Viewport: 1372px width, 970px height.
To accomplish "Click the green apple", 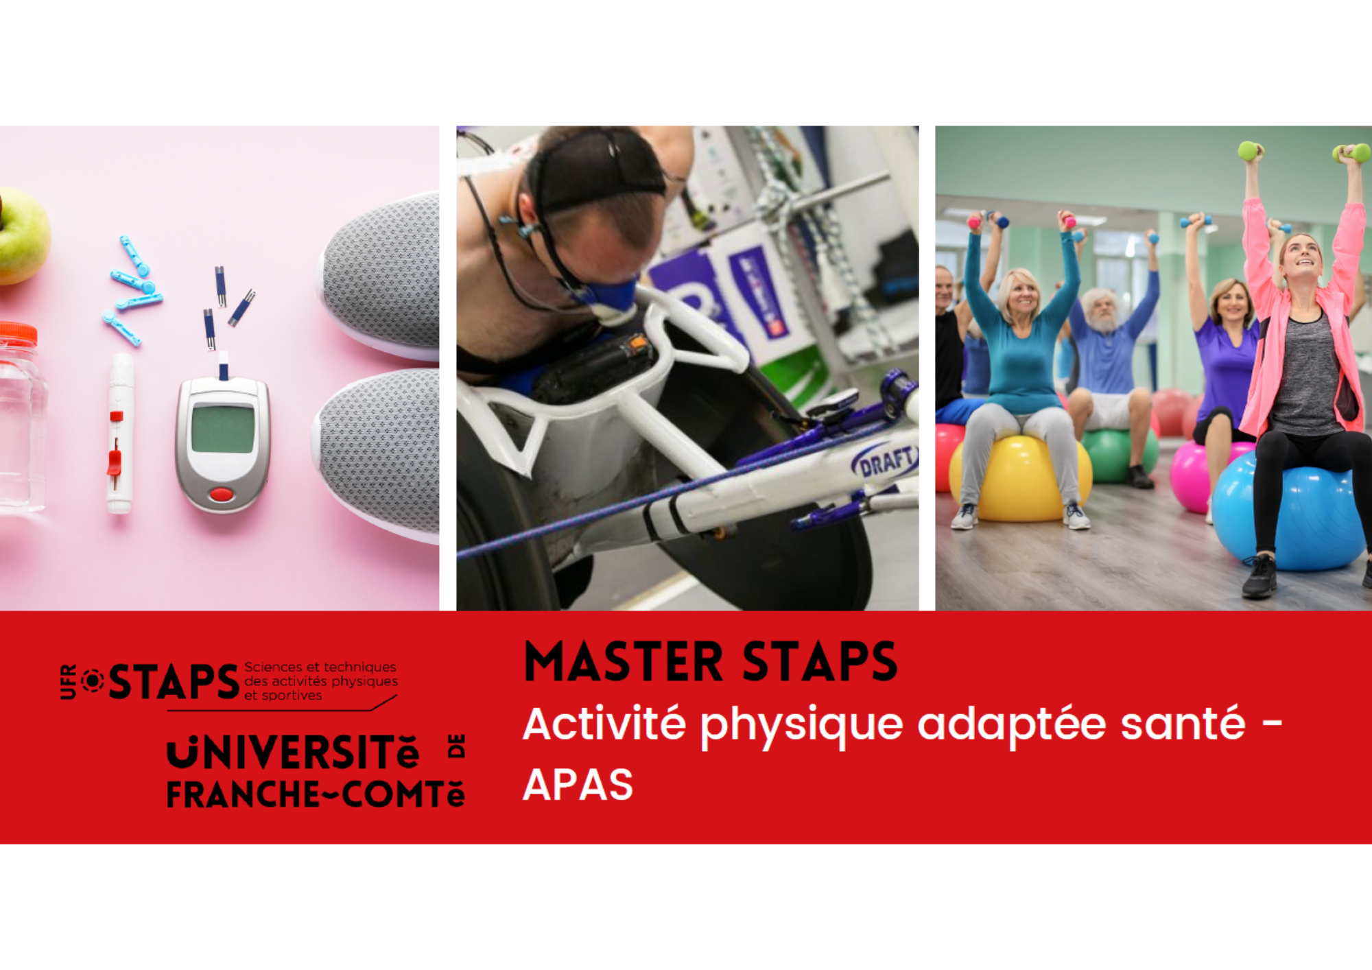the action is point(22,235).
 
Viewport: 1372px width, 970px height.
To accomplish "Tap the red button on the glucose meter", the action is point(221,494).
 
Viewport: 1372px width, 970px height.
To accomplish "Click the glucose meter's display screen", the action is point(222,429).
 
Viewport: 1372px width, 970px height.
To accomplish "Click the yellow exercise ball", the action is point(1020,478).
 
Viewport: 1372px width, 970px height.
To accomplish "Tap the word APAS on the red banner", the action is point(578,784).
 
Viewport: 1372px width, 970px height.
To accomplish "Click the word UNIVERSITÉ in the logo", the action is point(293,753).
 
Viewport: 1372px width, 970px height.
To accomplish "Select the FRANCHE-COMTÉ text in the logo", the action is point(316,794).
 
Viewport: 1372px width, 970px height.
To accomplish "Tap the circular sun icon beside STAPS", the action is point(93,681).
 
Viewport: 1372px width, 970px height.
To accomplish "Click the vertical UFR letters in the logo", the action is point(69,682).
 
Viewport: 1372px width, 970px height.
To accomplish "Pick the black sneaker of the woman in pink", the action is point(1259,576).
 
